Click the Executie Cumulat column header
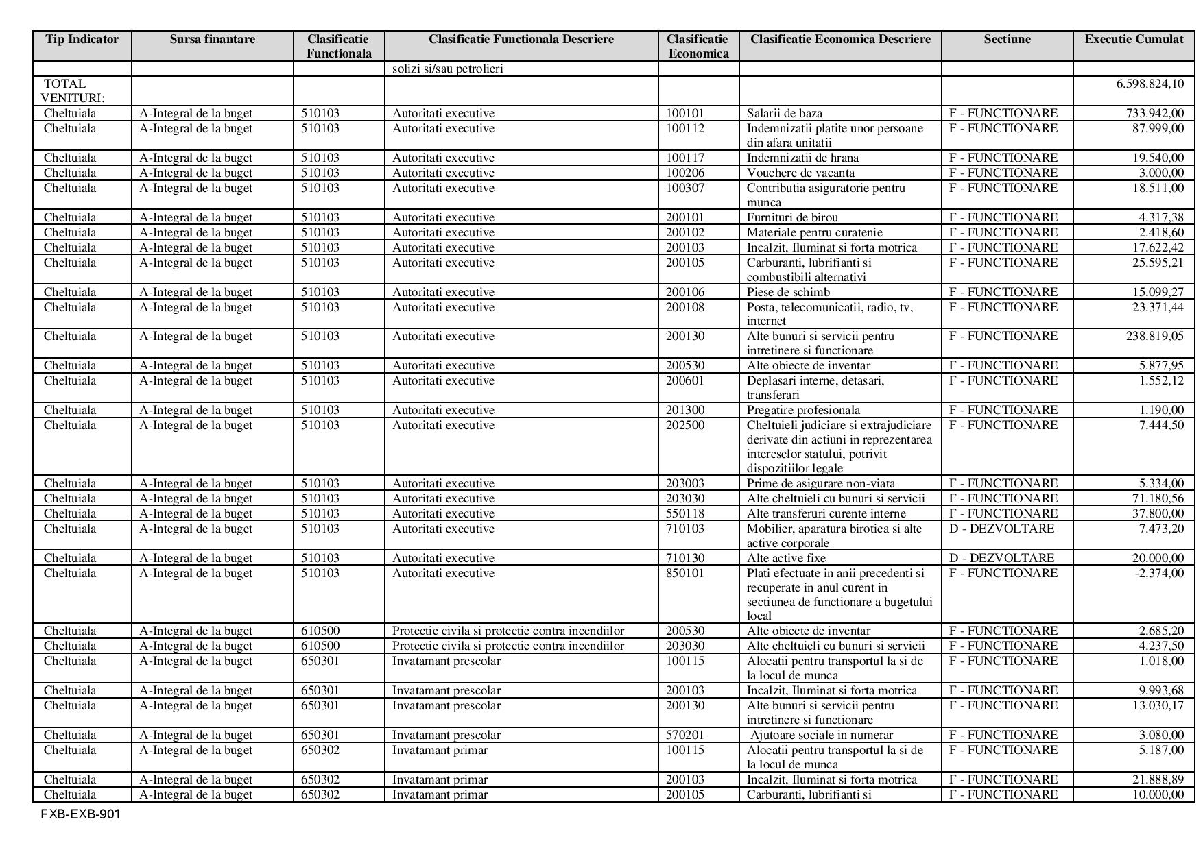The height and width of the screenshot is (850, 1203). (1134, 39)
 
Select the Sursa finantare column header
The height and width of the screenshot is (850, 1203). (212, 39)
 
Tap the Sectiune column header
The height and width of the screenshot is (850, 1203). (1007, 39)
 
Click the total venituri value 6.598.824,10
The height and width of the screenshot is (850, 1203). (1149, 84)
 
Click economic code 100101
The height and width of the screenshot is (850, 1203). (685, 113)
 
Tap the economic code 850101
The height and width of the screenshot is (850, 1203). (685, 573)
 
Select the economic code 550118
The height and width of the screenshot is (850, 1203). (685, 513)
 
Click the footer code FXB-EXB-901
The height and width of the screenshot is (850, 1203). (80, 815)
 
